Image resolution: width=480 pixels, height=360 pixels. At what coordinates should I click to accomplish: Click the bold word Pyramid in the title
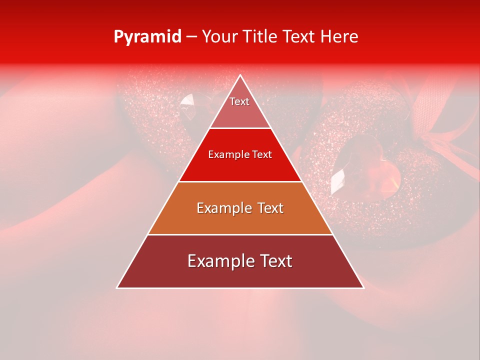coord(147,37)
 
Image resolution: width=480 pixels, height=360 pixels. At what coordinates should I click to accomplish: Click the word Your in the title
coord(220,37)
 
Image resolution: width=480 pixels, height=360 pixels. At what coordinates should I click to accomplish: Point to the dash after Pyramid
coord(191,37)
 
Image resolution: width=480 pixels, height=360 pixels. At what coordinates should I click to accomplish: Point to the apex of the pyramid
coord(240,76)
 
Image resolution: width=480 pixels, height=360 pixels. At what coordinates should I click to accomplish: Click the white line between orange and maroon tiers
coord(240,234)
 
